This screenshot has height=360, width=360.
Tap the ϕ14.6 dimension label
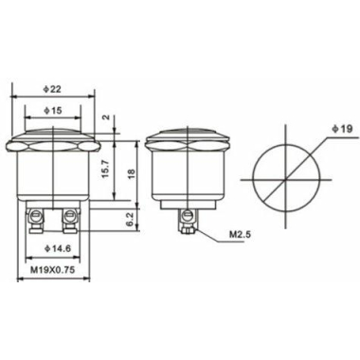53,248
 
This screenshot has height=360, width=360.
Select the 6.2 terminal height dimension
132,218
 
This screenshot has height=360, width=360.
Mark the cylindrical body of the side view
185,175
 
